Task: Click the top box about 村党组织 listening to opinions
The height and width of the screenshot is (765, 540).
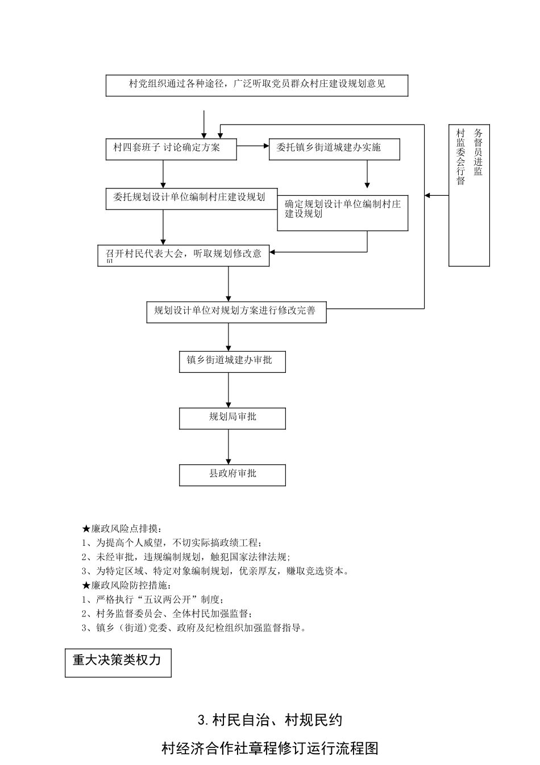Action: tap(256, 85)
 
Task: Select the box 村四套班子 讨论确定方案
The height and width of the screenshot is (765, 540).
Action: tap(171, 149)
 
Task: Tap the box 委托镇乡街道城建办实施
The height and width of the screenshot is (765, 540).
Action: tap(334, 149)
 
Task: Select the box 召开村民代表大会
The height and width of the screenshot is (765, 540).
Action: tap(183, 255)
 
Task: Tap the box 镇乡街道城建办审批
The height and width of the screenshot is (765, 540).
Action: tap(232, 361)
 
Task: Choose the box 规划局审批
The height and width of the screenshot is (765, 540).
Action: tap(232, 418)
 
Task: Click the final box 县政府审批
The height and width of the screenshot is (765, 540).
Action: tap(232, 475)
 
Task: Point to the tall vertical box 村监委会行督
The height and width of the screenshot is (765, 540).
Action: tap(468, 195)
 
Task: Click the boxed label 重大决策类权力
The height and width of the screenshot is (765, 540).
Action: tap(118, 662)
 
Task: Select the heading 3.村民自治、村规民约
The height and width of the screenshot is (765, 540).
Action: tap(270, 721)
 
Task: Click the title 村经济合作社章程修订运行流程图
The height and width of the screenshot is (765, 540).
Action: tap(270, 748)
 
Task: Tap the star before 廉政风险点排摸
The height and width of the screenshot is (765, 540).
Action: tap(86, 529)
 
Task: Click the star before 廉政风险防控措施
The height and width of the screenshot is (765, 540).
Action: tap(86, 585)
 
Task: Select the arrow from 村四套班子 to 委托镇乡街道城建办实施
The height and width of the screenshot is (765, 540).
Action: tap(253, 146)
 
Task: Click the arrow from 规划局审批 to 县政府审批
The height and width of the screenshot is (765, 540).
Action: tap(229, 446)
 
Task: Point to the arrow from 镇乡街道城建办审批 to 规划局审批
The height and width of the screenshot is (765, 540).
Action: tap(229, 390)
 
